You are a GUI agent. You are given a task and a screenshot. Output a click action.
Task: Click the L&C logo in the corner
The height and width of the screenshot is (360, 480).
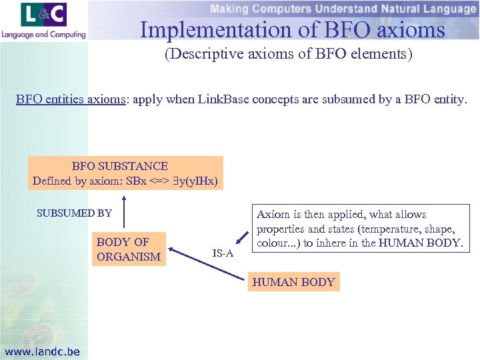pyautogui.click(x=44, y=15)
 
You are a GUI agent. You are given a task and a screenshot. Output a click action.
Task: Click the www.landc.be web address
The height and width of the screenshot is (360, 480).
pyautogui.click(x=42, y=351)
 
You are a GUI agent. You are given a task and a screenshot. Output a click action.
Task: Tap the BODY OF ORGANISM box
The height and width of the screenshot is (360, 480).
pyautogui.click(x=129, y=249)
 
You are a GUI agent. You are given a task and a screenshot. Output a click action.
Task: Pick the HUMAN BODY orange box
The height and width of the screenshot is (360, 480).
pyautogui.click(x=293, y=282)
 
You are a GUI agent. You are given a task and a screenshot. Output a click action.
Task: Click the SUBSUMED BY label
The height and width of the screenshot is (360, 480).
pyautogui.click(x=74, y=213)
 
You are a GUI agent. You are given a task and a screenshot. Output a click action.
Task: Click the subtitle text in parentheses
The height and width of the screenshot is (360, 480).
pyautogui.click(x=289, y=54)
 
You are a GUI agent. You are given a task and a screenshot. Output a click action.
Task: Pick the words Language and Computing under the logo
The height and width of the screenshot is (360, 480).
pyautogui.click(x=44, y=34)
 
